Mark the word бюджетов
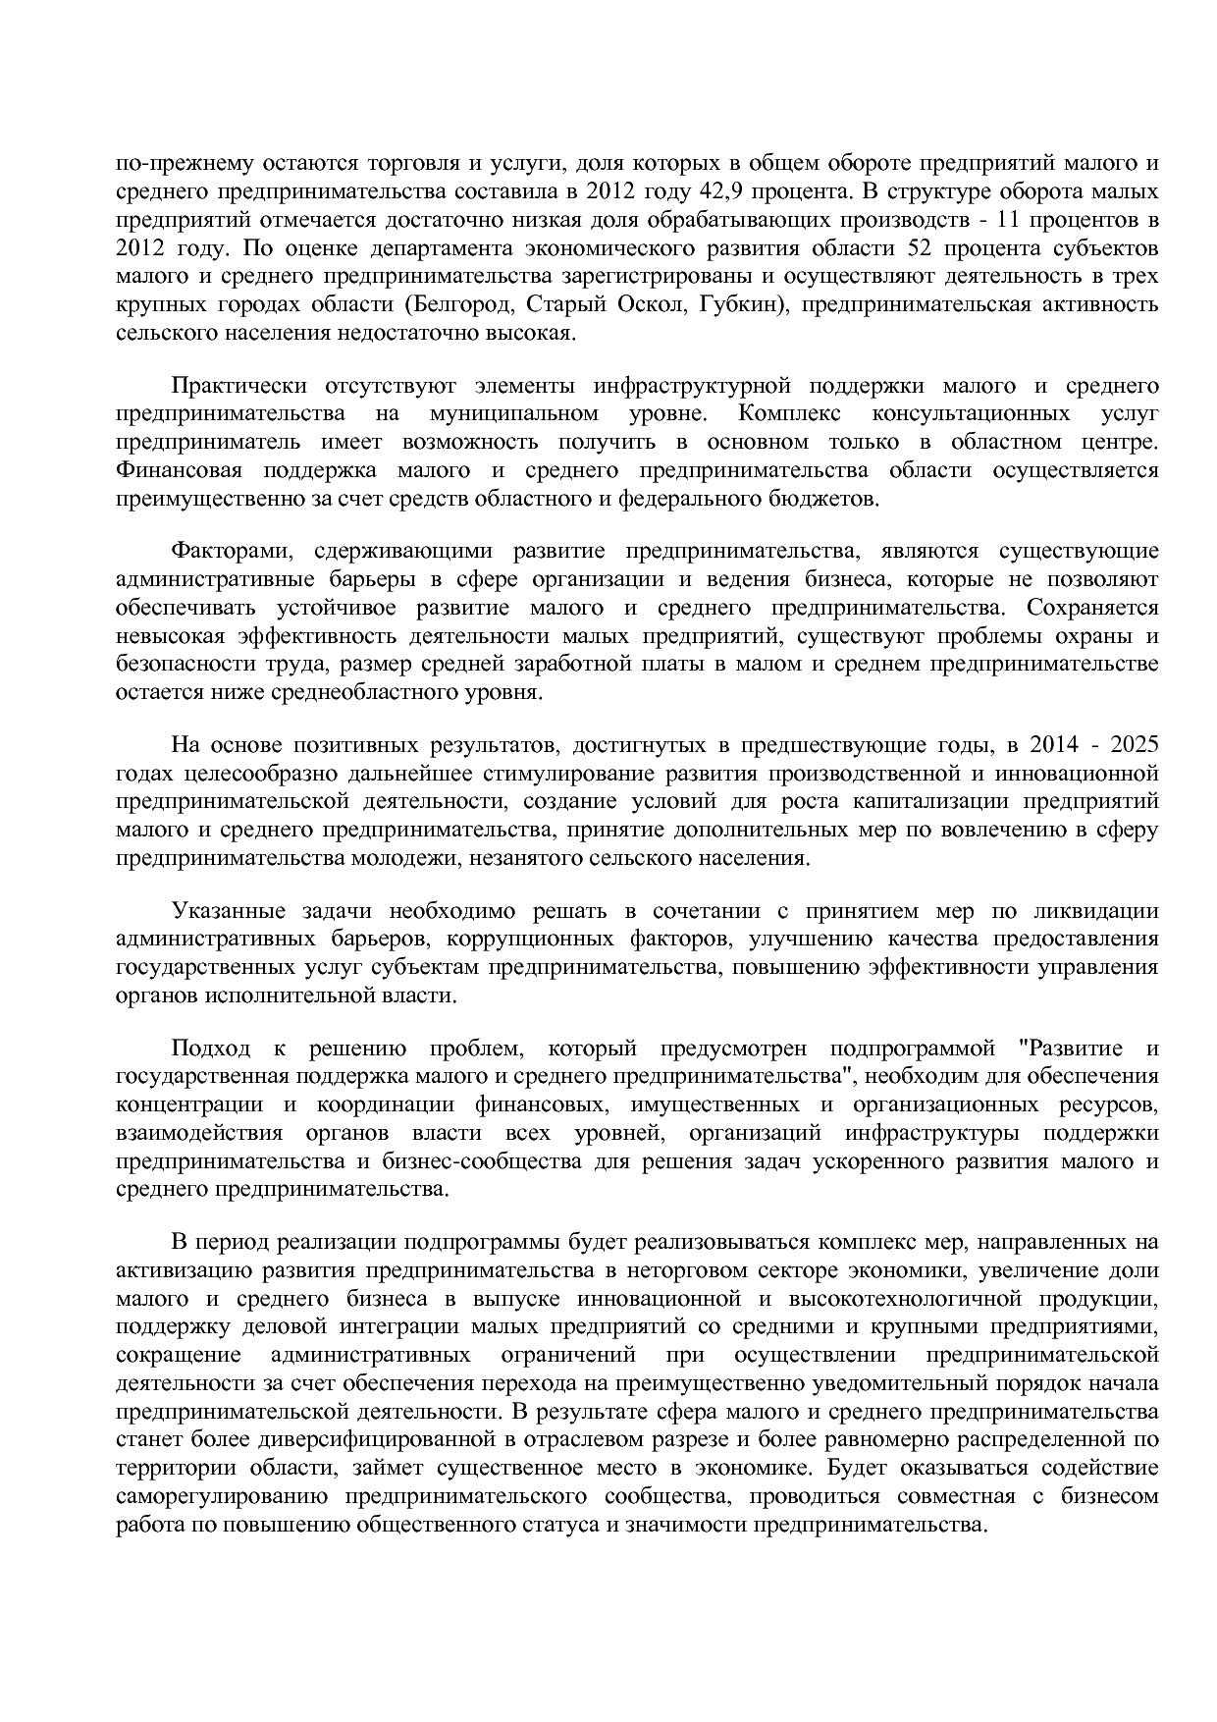(833, 499)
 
